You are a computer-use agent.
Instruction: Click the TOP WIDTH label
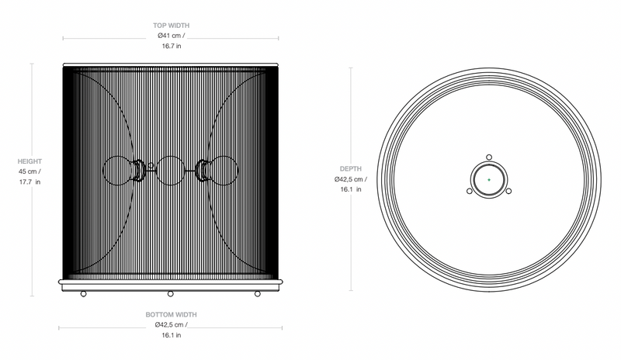click(171, 26)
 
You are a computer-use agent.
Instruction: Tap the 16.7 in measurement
click(171, 46)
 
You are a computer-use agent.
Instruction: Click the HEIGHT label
click(29, 161)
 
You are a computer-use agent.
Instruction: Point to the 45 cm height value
click(27, 172)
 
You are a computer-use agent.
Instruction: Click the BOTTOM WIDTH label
click(171, 314)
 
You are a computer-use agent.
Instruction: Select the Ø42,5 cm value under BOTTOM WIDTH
click(169, 325)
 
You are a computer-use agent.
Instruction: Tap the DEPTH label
click(351, 168)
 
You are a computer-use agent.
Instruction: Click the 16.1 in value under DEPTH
click(351, 189)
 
